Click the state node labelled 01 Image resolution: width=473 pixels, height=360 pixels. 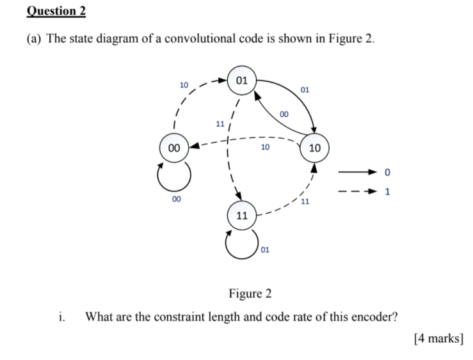coord(242,81)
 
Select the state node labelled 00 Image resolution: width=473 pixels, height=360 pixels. coord(173,148)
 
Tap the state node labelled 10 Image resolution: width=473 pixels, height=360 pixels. coord(314,148)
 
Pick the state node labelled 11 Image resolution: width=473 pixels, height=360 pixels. coord(242,215)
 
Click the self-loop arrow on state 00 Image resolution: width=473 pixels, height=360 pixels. coord(173,176)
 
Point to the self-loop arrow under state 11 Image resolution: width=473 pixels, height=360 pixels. coord(242,244)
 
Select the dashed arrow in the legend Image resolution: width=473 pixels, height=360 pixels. coord(359,191)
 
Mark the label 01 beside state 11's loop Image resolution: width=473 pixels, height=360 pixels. coord(266,249)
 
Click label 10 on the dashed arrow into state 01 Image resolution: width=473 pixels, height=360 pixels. coord(184,84)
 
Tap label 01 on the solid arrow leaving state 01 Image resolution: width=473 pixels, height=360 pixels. coord(305,90)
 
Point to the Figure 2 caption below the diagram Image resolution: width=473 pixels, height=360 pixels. coord(250,293)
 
